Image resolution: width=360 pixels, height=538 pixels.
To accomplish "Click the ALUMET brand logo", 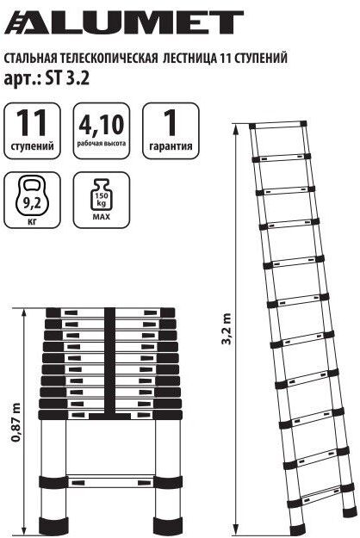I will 123,22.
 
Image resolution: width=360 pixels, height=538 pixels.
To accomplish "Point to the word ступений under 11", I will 33,146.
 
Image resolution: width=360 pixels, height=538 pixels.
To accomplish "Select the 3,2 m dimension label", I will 226,327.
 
